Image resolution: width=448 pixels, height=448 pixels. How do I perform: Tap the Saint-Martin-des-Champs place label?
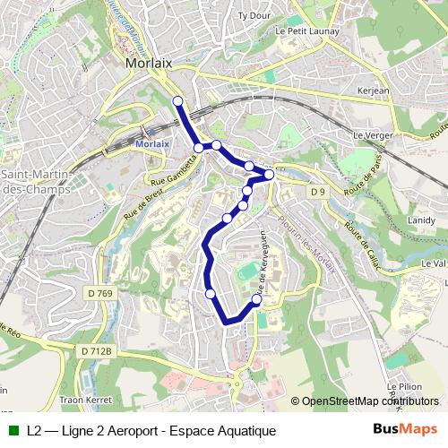click(34, 181)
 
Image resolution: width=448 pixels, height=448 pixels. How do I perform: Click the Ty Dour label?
click(254, 16)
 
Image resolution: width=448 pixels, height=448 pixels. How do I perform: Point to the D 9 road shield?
click(316, 192)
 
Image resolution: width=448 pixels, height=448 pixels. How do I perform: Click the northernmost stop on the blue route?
click(177, 101)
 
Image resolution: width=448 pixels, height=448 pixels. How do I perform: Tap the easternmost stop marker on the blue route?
click(268, 174)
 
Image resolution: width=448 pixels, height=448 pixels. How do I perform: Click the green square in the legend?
click(13, 430)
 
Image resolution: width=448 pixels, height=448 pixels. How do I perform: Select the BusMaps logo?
click(406, 429)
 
